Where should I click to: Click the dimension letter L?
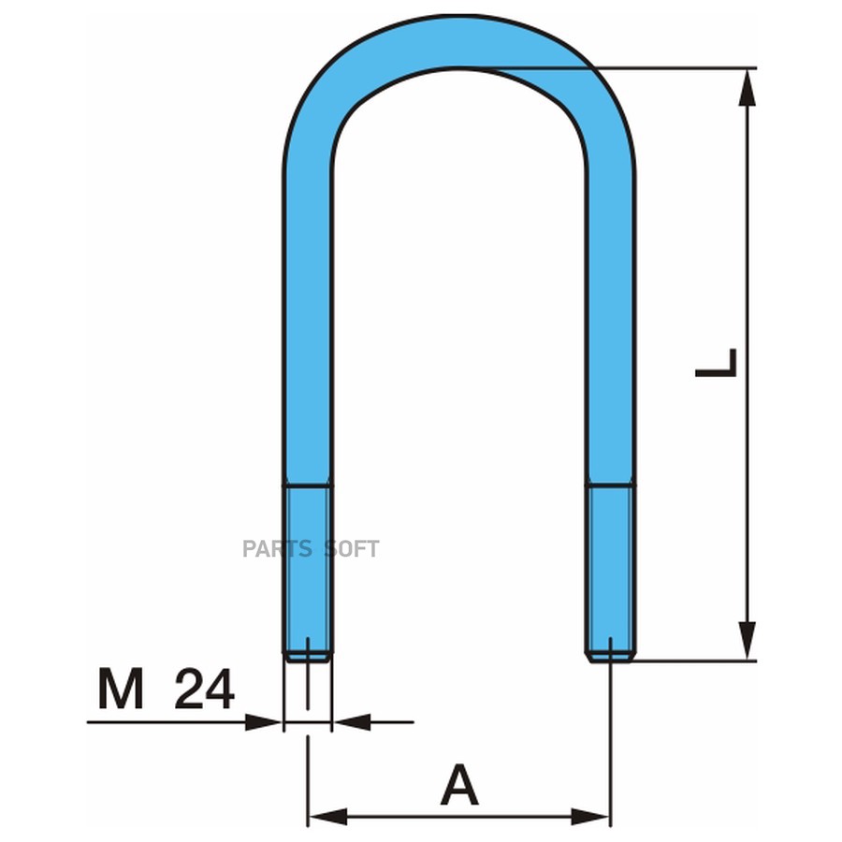click(716, 363)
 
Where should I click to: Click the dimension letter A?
click(459, 785)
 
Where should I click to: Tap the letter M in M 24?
click(121, 689)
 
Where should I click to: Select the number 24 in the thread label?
click(205, 689)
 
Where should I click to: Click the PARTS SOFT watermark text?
click(311, 549)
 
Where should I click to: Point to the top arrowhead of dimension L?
click(747, 88)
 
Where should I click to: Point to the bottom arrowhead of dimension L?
click(747, 641)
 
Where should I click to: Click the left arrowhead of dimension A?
click(327, 818)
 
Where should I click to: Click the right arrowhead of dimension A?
click(590, 818)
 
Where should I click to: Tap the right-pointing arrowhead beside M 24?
click(263, 722)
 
